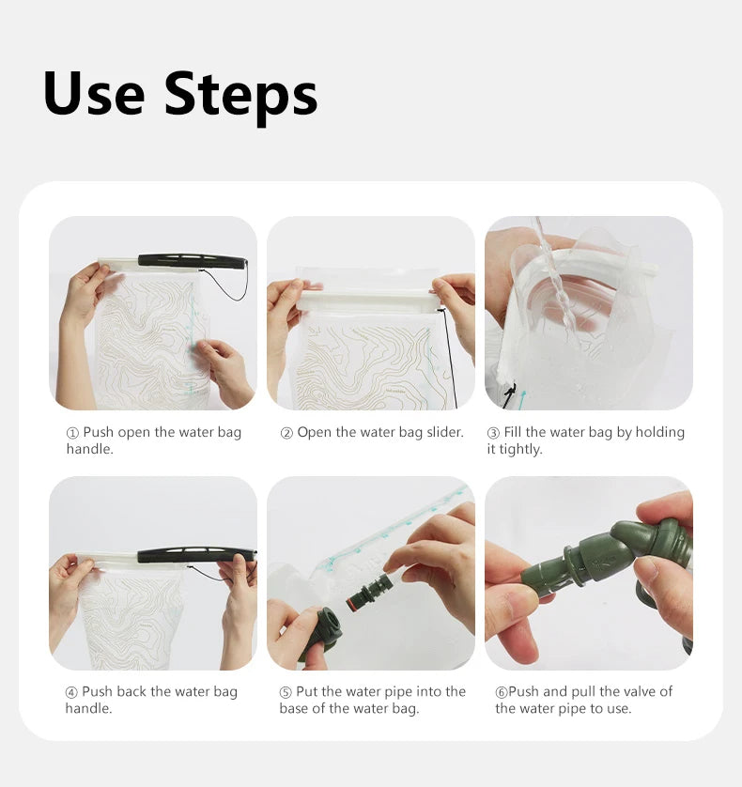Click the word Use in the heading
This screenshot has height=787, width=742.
click(94, 93)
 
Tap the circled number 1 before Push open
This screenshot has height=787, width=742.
click(73, 433)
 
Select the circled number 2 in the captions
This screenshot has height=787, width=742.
click(286, 433)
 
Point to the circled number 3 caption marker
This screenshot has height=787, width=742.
click(493, 433)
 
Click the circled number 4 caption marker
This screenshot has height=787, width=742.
click(71, 692)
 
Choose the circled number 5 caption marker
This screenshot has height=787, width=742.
click(286, 692)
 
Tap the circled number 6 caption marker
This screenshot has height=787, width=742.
click(502, 692)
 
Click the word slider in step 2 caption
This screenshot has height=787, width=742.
click(445, 432)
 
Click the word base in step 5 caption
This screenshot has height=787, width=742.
click(293, 708)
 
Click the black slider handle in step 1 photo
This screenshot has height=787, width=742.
click(192, 260)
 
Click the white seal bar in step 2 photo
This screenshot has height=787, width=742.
click(368, 302)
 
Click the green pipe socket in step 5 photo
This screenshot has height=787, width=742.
click(322, 633)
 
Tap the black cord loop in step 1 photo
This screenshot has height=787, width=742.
click(226, 284)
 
